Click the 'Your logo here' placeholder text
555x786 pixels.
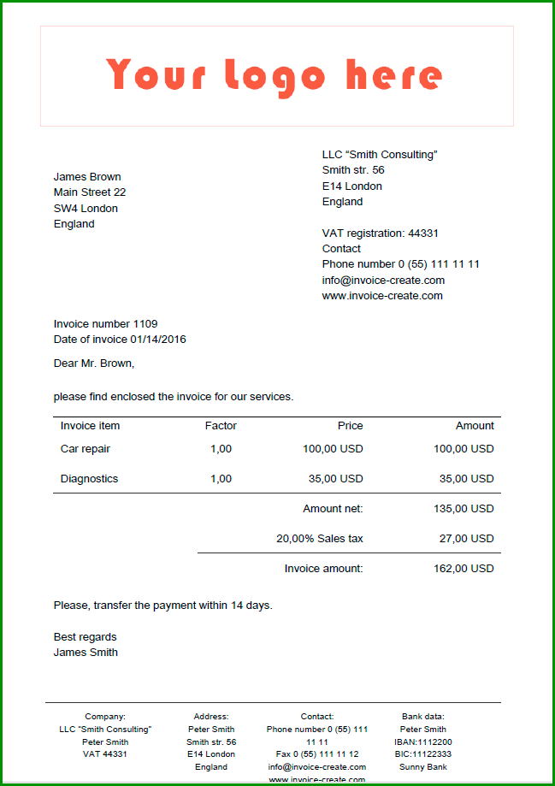click(x=275, y=75)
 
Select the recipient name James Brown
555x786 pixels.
click(x=87, y=177)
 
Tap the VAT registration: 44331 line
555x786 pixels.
click(x=380, y=233)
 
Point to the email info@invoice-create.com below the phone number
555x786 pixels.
click(x=383, y=281)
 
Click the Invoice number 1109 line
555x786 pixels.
click(x=105, y=324)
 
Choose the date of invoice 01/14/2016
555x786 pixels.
click(x=120, y=340)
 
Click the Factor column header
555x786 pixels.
click(x=221, y=426)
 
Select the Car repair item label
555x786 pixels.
click(x=86, y=449)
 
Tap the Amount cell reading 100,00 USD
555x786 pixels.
click(x=463, y=449)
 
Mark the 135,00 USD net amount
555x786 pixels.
click(x=463, y=509)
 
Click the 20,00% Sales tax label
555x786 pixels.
click(x=319, y=539)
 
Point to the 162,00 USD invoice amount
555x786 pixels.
click(x=463, y=569)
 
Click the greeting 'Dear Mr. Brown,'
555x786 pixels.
click(x=94, y=363)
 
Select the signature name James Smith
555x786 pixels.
click(x=86, y=653)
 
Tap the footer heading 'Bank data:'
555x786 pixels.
click(x=423, y=717)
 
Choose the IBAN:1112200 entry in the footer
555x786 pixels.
click(x=423, y=742)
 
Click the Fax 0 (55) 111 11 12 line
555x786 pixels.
click(x=317, y=754)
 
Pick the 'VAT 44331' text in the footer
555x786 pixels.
click(x=105, y=754)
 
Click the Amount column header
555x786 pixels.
click(x=475, y=426)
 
